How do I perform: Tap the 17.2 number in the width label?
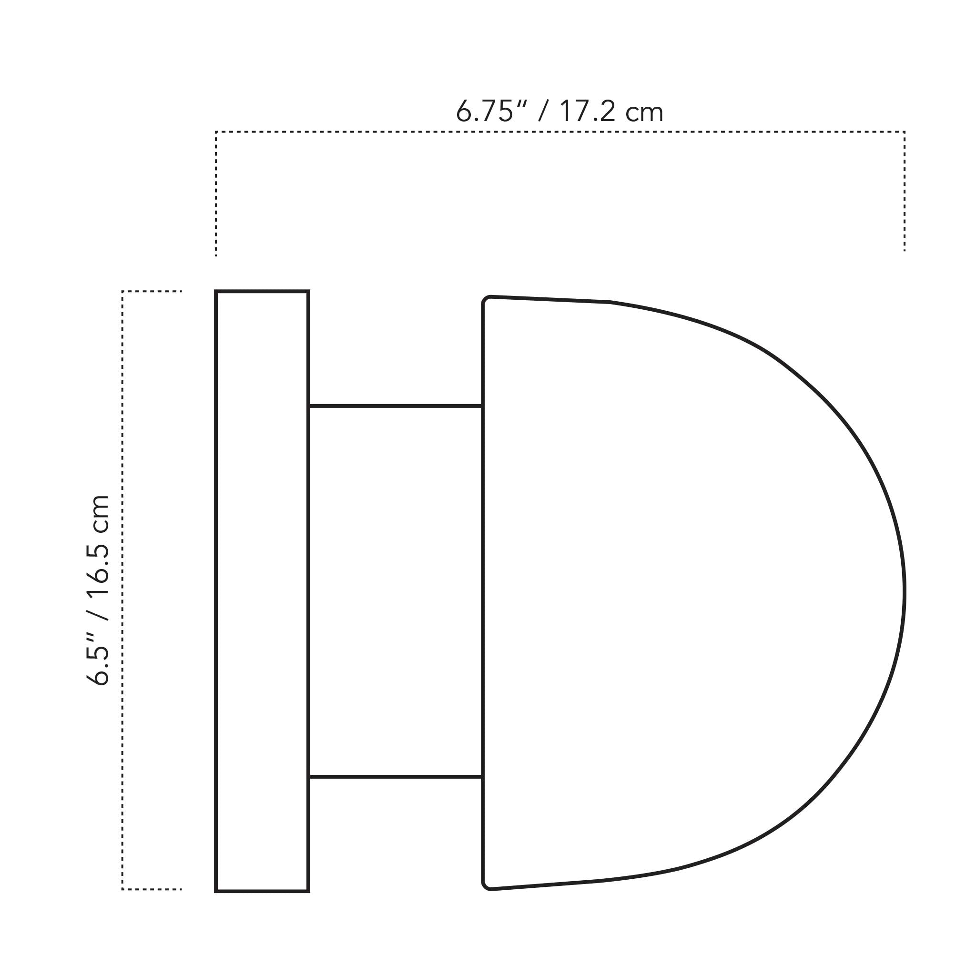click(x=588, y=111)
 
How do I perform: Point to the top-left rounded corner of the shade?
click(x=487, y=300)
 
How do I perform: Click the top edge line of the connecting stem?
click(x=395, y=406)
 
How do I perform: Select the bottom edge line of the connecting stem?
click(x=395, y=777)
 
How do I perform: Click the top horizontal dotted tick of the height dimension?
click(x=152, y=292)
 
